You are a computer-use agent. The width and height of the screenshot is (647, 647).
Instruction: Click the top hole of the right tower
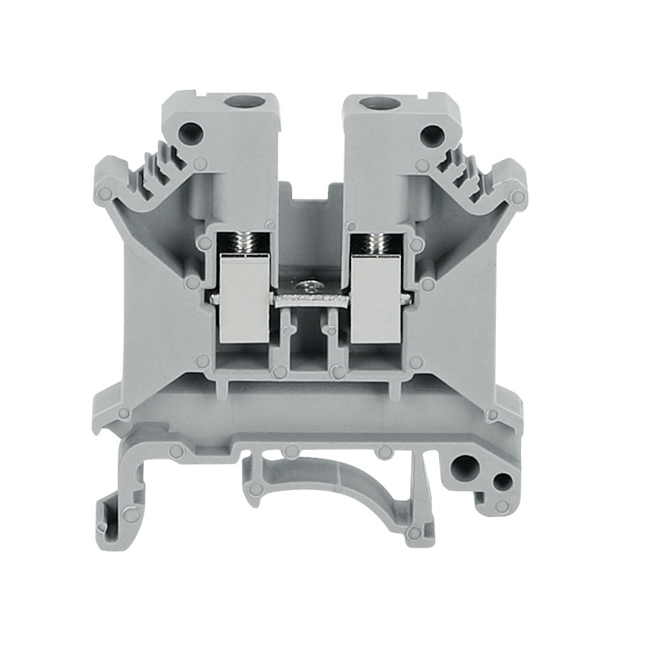pyautogui.click(x=374, y=103)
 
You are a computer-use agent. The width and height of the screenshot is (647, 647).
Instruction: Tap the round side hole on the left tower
pyautogui.click(x=192, y=132)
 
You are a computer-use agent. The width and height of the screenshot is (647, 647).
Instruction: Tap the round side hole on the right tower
pyautogui.click(x=430, y=133)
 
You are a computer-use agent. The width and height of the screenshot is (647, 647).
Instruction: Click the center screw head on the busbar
pyautogui.click(x=308, y=287)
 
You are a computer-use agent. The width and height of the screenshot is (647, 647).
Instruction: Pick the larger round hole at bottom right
pyautogui.click(x=464, y=467)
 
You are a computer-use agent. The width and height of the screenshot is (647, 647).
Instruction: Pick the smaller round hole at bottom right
pyautogui.click(x=501, y=483)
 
